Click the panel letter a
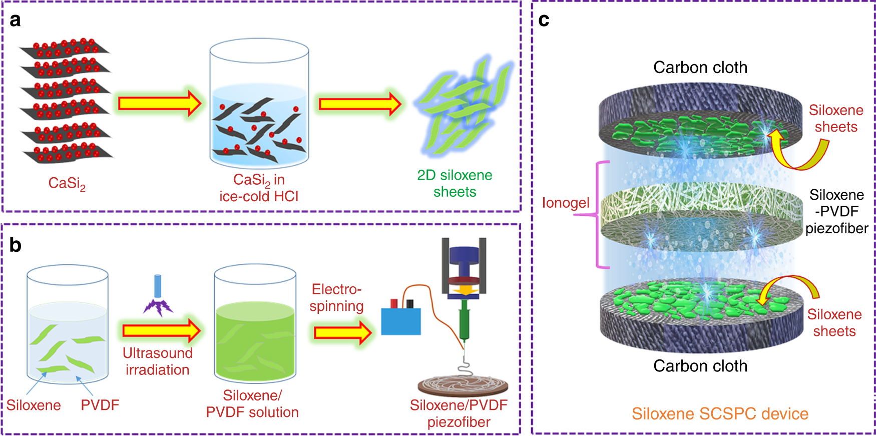[15, 20]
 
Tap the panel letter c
[544, 20]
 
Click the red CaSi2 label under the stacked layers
[67, 183]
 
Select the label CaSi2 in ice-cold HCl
[259, 188]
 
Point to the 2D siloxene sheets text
[455, 183]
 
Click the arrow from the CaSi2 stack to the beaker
[159, 103]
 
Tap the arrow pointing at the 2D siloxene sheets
[359, 104]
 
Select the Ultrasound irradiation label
[158, 361]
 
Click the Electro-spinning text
[336, 297]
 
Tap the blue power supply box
[401, 321]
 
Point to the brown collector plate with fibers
[463, 385]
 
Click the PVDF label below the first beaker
[100, 405]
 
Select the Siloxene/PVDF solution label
[252, 404]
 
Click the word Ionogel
[566, 203]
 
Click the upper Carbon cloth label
[700, 68]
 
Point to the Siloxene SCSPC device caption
[720, 414]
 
